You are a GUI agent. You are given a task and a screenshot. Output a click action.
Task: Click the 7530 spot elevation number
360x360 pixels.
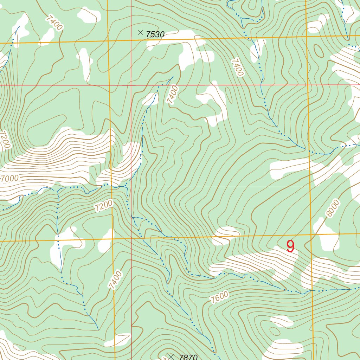pyautogui.click(x=155, y=34)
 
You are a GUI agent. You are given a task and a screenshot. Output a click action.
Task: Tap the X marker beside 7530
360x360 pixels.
pyautogui.click(x=141, y=33)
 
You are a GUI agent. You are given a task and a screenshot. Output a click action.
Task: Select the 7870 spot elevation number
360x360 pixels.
pyautogui.click(x=188, y=357)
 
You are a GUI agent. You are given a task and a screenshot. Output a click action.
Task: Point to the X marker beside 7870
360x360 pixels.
pyautogui.click(x=171, y=357)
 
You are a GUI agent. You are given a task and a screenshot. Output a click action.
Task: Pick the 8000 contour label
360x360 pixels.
pyautogui.click(x=333, y=208)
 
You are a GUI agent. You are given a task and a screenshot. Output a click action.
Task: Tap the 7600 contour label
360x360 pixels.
pyautogui.click(x=220, y=297)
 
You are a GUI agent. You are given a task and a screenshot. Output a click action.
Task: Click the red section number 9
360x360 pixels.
pyautogui.click(x=290, y=246)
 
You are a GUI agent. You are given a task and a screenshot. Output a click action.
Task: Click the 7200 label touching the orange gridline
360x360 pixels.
pyautogui.click(x=104, y=206)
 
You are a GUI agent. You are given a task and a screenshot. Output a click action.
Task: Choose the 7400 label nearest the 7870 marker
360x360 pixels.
pyautogui.click(x=116, y=280)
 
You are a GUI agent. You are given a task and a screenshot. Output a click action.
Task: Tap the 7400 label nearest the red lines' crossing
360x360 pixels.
pyautogui.click(x=173, y=95)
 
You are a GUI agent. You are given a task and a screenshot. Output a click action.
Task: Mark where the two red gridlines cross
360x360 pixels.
pyautogui.click(x=131, y=85)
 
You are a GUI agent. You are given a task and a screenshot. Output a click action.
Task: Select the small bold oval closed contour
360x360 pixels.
pyautogui.click(x=319, y=51)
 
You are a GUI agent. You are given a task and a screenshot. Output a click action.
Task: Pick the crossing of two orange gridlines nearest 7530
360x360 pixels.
pyautogui.click(x=107, y=41)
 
